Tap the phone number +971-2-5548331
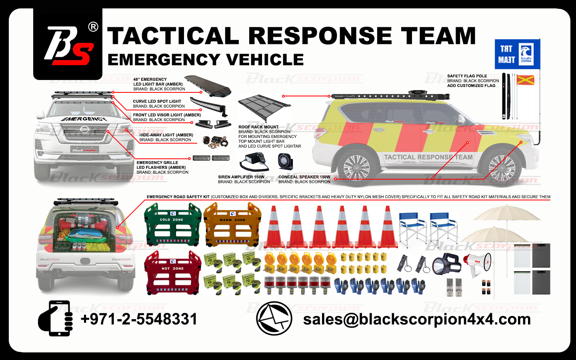139,319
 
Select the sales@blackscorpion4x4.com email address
417,319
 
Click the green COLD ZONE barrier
172,225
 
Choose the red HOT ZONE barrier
172,273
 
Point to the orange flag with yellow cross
525,80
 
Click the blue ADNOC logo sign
517,54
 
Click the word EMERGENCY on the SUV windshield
84,119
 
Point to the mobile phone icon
56,318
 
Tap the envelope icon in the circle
274,318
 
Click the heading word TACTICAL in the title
173,36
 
